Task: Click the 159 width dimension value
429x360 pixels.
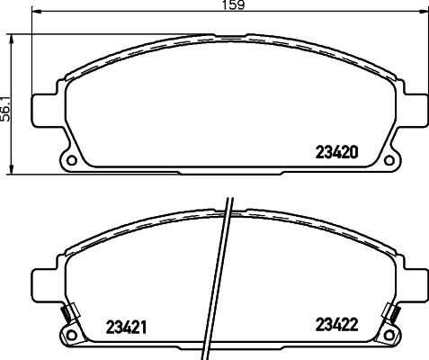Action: point(234,4)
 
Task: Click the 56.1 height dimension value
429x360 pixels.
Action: point(5,109)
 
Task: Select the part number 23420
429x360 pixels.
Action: point(336,152)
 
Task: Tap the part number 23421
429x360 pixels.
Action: point(126,327)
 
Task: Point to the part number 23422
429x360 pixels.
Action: point(337,325)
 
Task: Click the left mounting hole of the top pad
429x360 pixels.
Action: point(72,160)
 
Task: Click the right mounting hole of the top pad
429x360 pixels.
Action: point(389,160)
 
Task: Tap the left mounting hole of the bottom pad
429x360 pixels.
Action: point(72,335)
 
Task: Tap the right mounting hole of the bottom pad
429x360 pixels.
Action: point(389,335)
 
